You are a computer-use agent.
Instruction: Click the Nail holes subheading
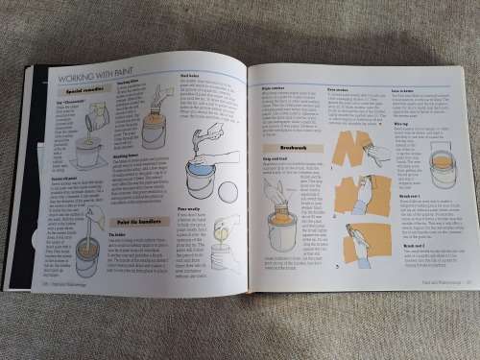(x=190, y=79)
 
